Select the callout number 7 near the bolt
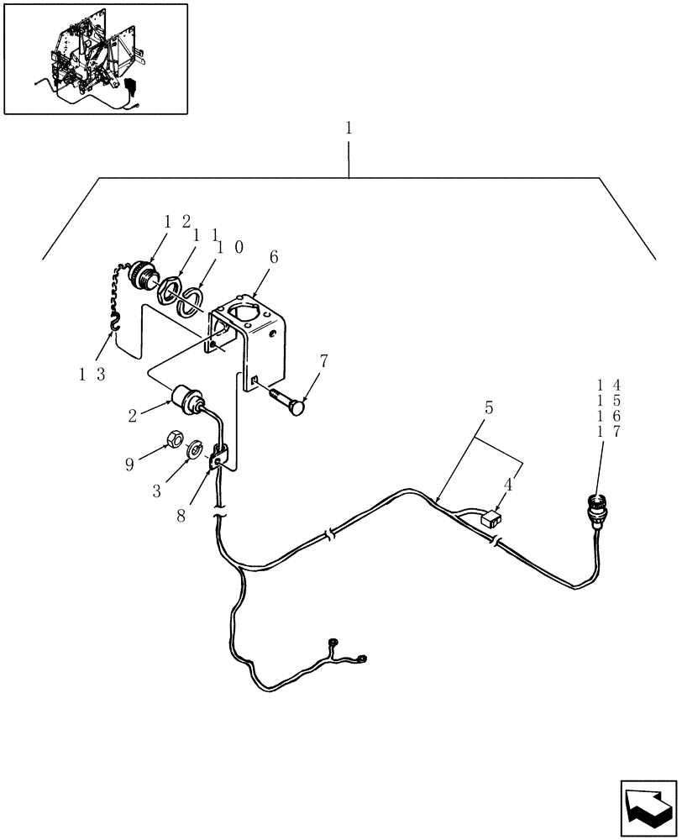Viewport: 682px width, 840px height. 323,362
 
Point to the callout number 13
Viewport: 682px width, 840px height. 92,375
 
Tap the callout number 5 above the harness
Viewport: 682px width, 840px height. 489,407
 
